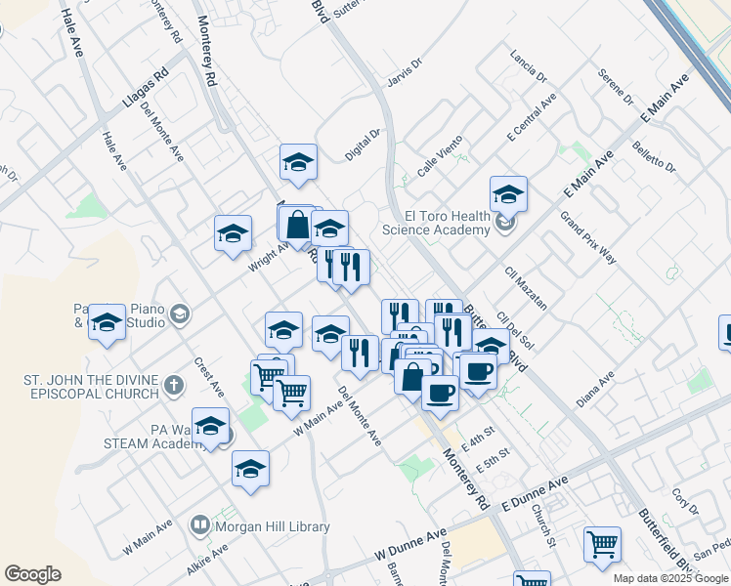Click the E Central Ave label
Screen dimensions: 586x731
[532, 119]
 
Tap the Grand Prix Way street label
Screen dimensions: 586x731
[587, 237]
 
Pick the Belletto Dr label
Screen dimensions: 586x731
[654, 154]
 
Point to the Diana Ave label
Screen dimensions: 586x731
[594, 388]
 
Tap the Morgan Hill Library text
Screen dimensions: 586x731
[273, 526]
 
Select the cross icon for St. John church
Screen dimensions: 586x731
[174, 385]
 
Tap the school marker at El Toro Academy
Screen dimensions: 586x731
[508, 195]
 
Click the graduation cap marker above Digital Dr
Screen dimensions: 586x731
[298, 163]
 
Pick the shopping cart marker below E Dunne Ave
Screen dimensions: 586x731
[602, 545]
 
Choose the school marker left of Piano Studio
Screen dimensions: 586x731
[107, 323]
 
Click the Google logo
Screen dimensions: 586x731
[32, 574]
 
